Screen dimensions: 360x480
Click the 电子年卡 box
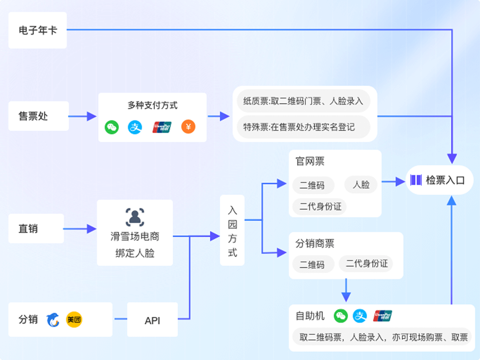click(38, 30)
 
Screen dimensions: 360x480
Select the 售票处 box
click(38, 116)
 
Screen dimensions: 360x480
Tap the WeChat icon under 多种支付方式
click(112, 127)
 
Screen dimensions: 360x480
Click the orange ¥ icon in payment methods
click(188, 127)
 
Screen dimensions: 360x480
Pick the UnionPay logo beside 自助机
click(383, 316)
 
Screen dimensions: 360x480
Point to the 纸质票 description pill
click(303, 101)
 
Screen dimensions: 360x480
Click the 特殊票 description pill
click(303, 127)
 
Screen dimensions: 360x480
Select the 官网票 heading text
click(310, 161)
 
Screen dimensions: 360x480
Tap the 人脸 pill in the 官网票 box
click(361, 185)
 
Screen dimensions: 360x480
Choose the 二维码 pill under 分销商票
click(312, 264)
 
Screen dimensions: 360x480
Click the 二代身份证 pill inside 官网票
click(320, 206)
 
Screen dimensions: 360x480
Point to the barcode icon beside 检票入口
click(416, 180)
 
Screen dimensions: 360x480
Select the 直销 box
click(36, 229)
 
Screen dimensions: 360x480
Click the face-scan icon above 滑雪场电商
click(135, 217)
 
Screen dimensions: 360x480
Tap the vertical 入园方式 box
click(232, 230)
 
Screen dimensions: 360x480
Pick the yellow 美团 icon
click(74, 320)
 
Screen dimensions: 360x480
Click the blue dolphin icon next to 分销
click(53, 320)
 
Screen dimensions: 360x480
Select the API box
click(152, 320)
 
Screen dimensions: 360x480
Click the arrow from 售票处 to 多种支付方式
click(83, 116)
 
